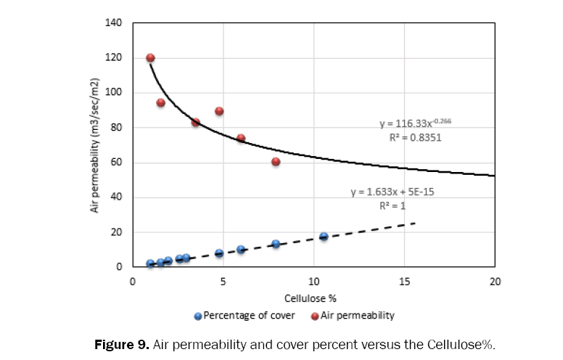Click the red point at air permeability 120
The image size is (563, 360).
tap(150, 58)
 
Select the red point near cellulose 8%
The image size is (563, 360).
tap(276, 161)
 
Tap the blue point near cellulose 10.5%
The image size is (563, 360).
tap(324, 237)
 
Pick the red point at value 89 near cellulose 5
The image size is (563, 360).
tap(219, 111)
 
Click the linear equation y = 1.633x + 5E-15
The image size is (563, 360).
tap(392, 193)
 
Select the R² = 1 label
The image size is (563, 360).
tap(392, 205)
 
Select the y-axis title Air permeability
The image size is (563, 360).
tap(95, 145)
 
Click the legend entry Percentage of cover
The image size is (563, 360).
tap(244, 316)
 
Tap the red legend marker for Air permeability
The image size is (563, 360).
tap(316, 316)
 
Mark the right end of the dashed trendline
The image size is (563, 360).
tap(415, 223)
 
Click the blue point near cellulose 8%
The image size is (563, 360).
tap(276, 245)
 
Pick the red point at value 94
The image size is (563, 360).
tap(160, 103)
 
